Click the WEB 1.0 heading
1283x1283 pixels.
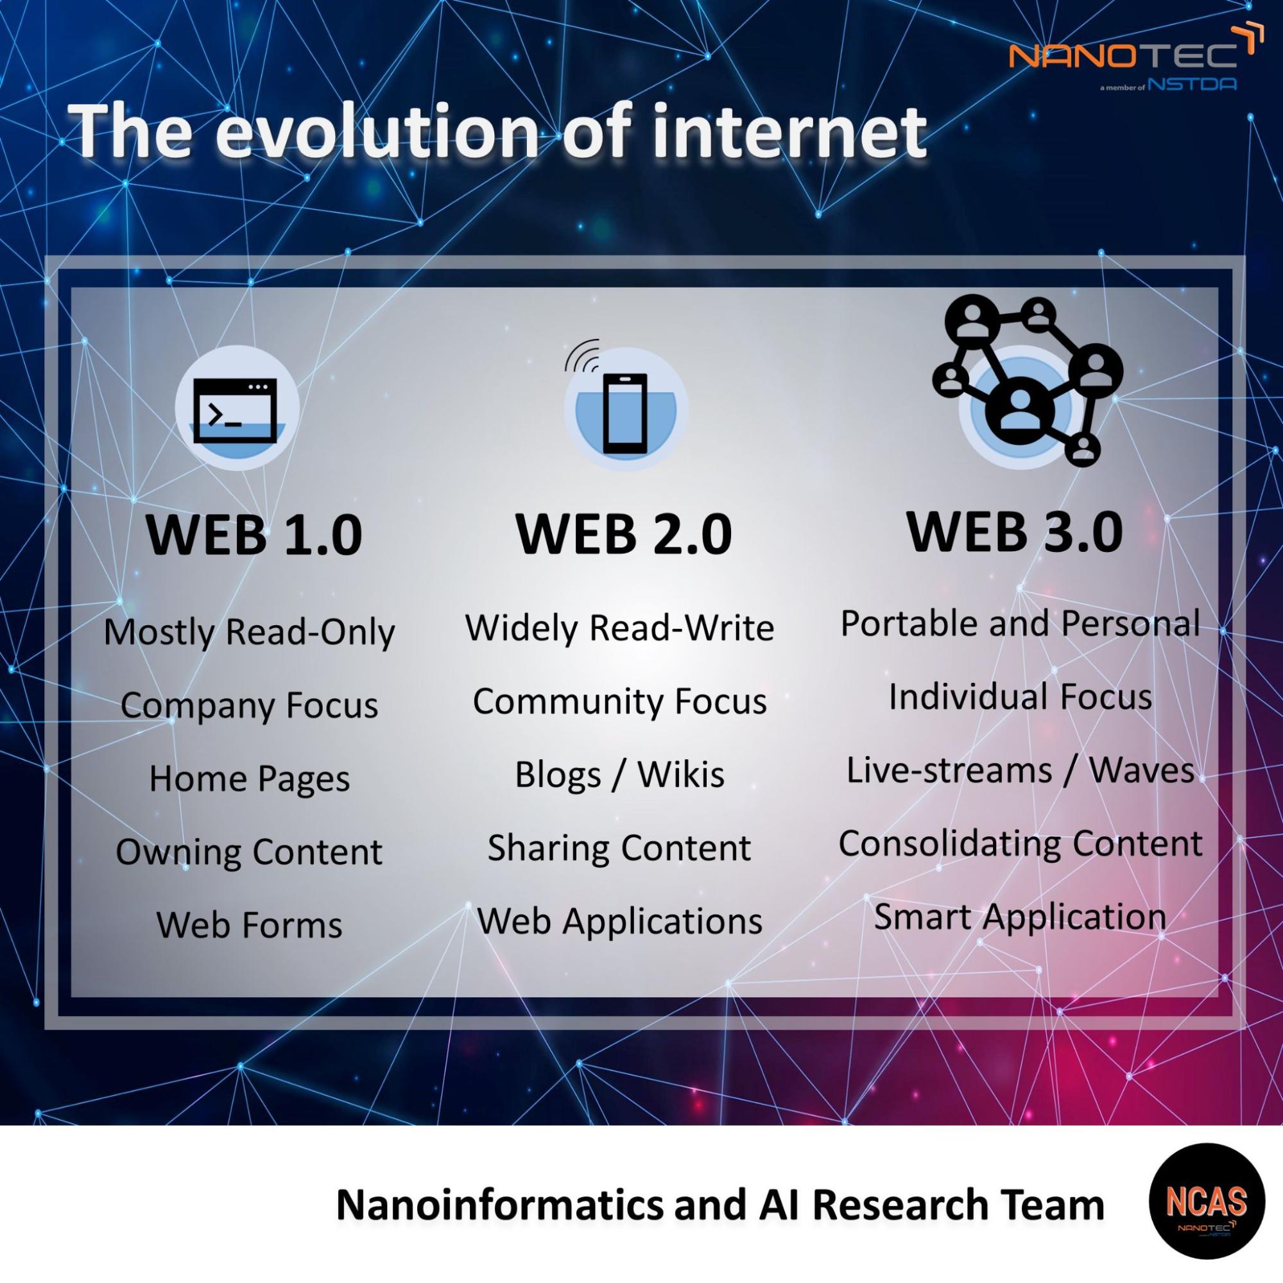coord(254,535)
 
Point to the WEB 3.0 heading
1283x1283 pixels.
coord(1015,531)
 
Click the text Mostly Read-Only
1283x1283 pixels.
coord(249,632)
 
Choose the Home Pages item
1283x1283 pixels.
coord(249,779)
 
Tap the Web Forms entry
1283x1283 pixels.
coord(249,924)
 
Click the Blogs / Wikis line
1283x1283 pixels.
coord(619,774)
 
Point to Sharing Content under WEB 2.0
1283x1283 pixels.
coord(619,848)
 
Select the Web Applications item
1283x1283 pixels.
coord(619,922)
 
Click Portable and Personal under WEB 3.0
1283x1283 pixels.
coord(1020,624)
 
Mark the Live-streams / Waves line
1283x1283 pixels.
coord(1020,770)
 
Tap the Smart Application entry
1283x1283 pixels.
coord(1020,917)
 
